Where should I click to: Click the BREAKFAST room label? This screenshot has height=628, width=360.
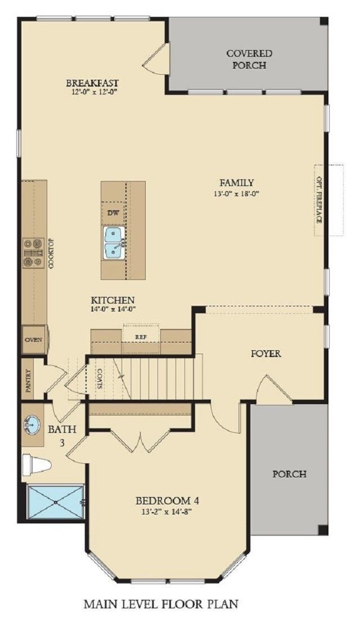coord(92,83)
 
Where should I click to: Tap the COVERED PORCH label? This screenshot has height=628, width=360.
coord(249,59)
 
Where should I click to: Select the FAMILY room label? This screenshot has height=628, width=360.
coord(236,183)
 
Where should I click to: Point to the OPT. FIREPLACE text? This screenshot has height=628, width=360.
coord(319,200)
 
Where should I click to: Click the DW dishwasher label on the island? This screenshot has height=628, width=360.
coord(114,213)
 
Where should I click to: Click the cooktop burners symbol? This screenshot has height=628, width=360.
coord(33,253)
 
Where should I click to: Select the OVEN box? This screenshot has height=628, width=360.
coord(34,340)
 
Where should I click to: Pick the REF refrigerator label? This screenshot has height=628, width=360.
coord(140,337)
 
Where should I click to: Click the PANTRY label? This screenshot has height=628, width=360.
coord(28,378)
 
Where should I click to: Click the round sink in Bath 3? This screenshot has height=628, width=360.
coord(33,424)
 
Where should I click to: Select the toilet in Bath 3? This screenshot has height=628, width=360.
coord(37,465)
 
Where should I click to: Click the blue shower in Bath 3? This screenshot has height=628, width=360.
coord(56,502)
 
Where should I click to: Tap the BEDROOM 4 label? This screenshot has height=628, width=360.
coord(167,500)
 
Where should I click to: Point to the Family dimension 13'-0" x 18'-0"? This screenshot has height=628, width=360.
coord(236,193)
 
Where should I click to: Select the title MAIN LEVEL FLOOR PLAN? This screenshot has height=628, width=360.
coord(161,604)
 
